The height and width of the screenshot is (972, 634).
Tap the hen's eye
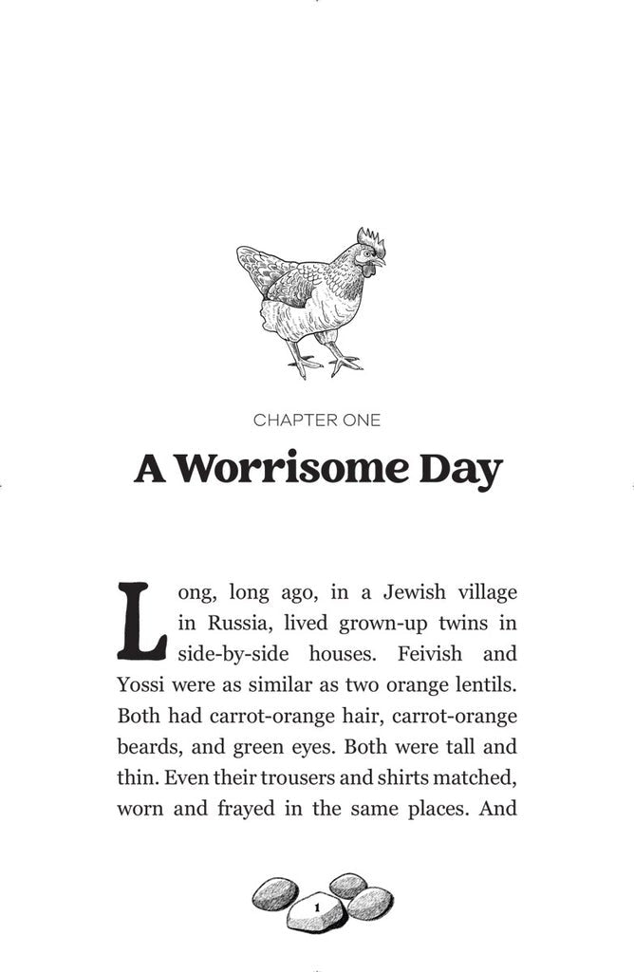[367, 254]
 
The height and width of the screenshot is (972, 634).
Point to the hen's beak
[381, 261]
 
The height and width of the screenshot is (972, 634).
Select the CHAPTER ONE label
[317, 420]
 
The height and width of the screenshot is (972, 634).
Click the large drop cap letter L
[142, 621]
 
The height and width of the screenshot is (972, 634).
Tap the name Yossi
[141, 684]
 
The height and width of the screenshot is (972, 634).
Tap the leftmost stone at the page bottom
[275, 893]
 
